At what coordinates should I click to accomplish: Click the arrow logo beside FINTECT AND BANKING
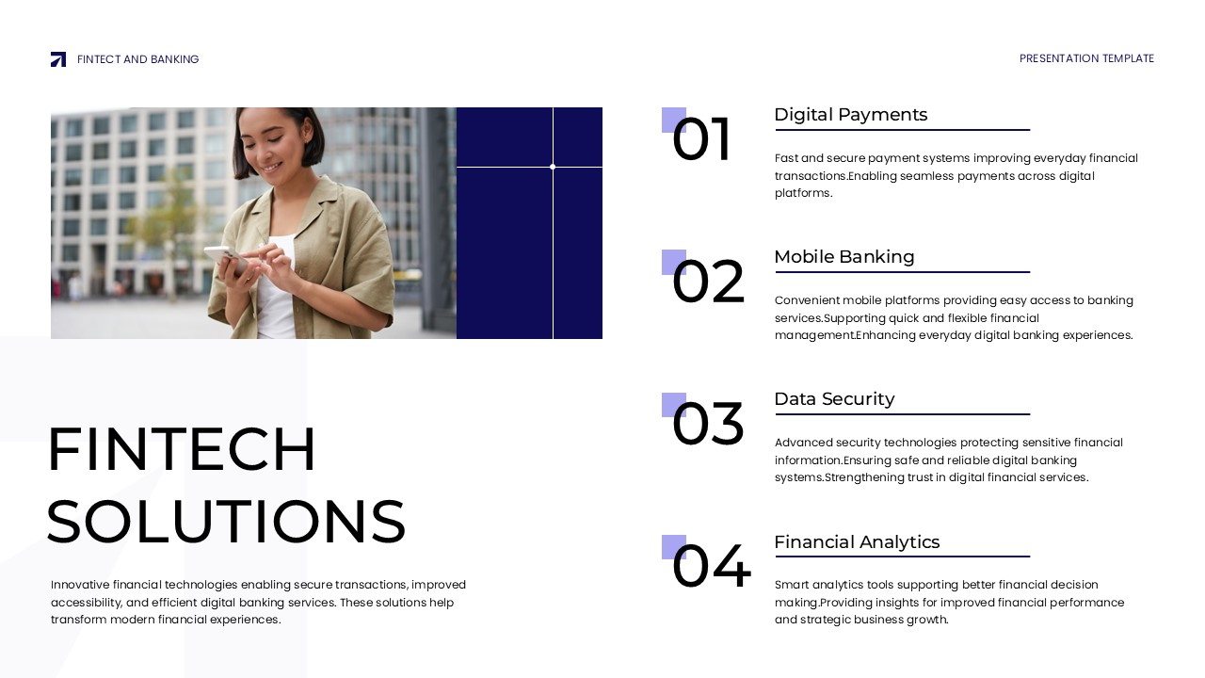[x=58, y=59]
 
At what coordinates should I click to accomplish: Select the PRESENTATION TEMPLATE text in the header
[x=1086, y=58]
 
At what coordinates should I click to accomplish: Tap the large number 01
[x=701, y=141]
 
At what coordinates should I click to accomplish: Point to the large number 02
[x=708, y=283]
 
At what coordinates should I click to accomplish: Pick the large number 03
[x=708, y=426]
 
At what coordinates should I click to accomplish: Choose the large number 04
[x=711, y=568]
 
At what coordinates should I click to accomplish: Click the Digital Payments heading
[x=850, y=115]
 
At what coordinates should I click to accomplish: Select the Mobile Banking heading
[x=843, y=257]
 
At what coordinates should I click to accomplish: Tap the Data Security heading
[x=834, y=399]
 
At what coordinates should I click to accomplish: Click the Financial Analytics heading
[x=857, y=542]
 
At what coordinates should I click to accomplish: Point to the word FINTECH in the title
[x=182, y=450]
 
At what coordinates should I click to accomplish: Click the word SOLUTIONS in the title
[x=226, y=522]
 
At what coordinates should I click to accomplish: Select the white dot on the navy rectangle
[x=553, y=167]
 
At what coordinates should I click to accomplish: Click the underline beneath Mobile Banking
[x=902, y=272]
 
